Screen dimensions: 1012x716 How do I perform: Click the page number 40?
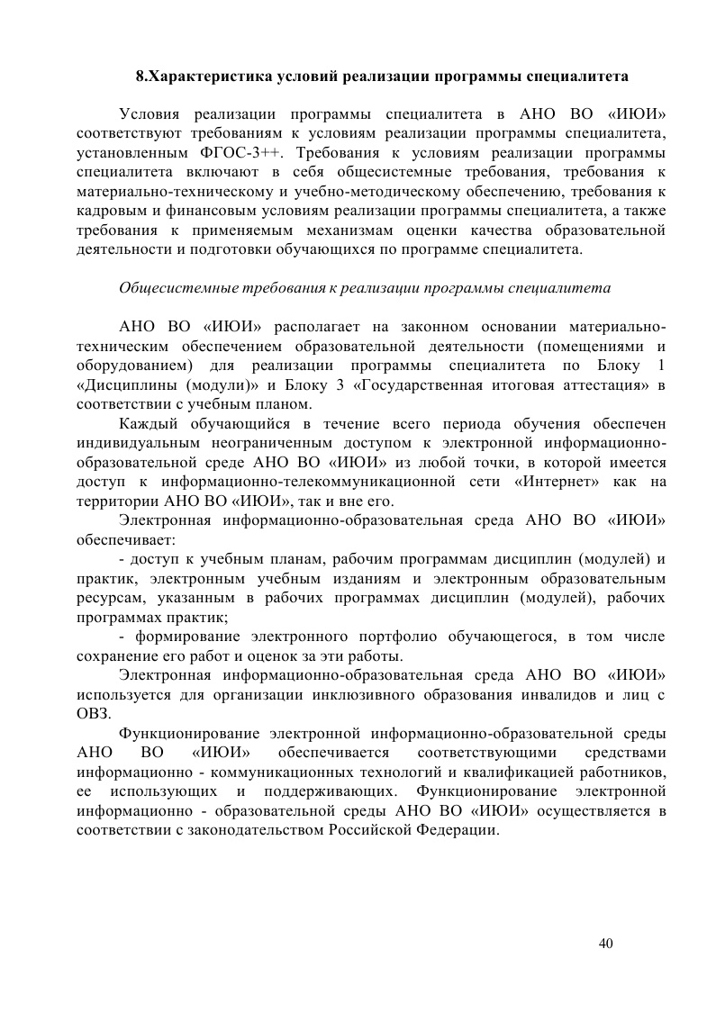pos(605,943)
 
